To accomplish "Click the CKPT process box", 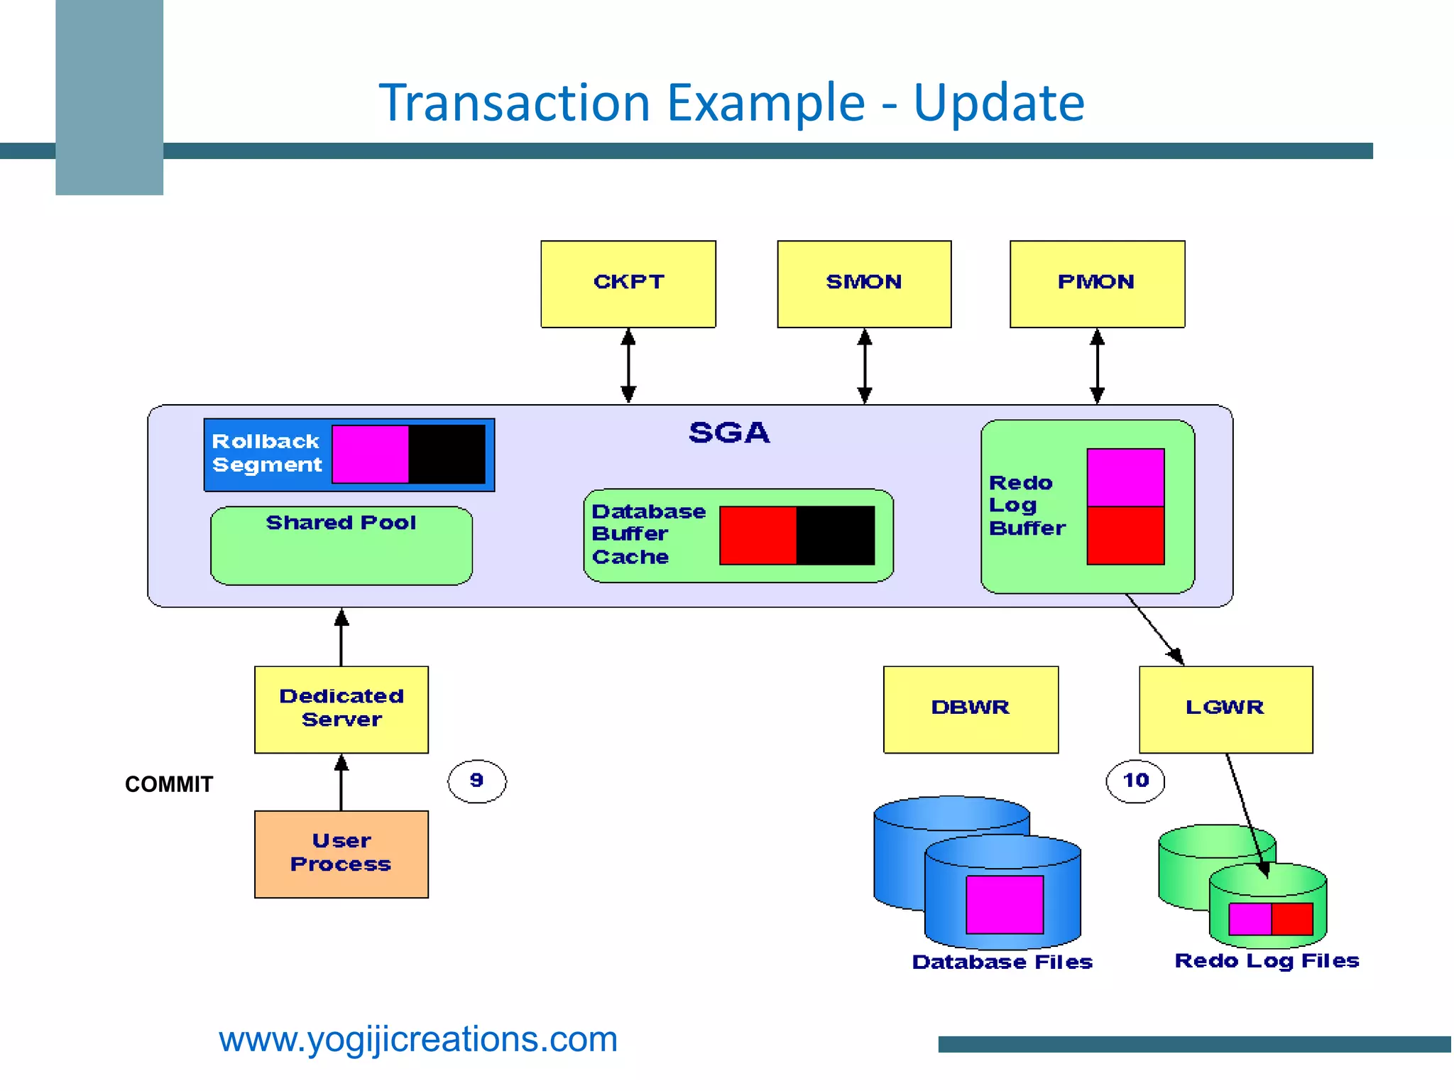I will [628, 284].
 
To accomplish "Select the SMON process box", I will [864, 284].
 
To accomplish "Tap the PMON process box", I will [1097, 284].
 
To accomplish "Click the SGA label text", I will [729, 433].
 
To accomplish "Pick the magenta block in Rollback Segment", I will [370, 455].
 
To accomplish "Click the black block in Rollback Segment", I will [447, 455].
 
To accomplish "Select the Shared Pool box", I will [341, 545].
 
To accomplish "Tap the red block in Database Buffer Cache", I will [758, 536].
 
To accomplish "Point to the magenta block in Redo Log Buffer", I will [1125, 477].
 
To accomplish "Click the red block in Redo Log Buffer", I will [1125, 536].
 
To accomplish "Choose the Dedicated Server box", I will [341, 709].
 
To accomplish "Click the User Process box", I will [341, 854].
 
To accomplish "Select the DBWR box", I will [971, 709].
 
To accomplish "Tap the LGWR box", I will [1225, 709].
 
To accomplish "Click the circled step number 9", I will [476, 781].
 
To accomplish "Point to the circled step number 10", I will [1135, 781].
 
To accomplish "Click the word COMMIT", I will [169, 784].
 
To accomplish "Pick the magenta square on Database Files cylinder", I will [1005, 904].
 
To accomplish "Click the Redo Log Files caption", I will [1267, 961].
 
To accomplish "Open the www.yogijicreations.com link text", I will [418, 1039].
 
